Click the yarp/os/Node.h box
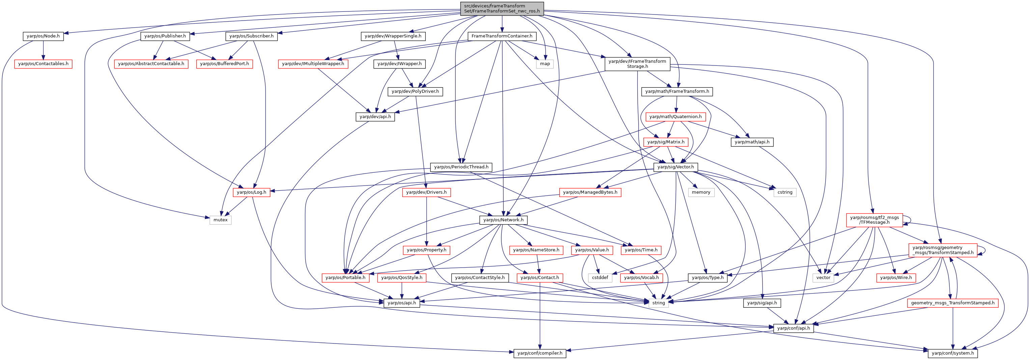[43, 36]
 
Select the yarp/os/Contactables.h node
[43, 64]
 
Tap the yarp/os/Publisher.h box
[165, 36]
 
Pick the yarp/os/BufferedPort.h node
[224, 64]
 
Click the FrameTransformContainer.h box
[502, 36]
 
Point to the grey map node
[545, 64]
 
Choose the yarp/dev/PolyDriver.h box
[415, 91]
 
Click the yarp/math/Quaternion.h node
[675, 117]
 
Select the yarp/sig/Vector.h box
[676, 167]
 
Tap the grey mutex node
[220, 220]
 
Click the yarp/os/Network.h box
[503, 220]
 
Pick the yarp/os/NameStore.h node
[536, 250]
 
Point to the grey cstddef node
[600, 278]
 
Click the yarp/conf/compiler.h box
[540, 353]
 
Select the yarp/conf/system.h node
[953, 353]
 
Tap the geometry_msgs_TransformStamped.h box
[953, 303]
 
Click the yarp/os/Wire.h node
[896, 278]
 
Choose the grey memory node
[701, 192]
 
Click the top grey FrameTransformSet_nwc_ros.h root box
[502, 8]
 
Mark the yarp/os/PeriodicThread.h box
[461, 167]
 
